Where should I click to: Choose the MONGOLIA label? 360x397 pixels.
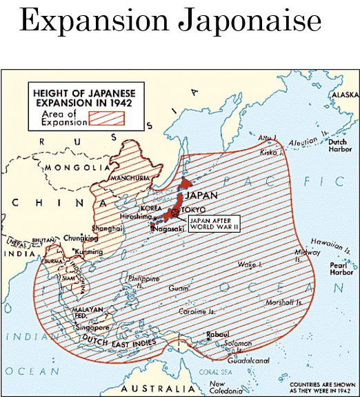point(76,168)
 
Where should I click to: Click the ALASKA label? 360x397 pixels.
point(345,95)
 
